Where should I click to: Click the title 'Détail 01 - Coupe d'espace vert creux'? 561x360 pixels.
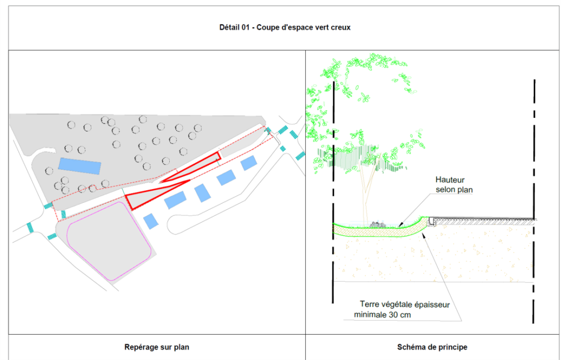point(285,27)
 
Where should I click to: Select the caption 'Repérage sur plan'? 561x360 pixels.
point(157,347)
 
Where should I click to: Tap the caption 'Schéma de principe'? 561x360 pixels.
point(432,347)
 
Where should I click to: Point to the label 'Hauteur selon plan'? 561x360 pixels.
point(454,184)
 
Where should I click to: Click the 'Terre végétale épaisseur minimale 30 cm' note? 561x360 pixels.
point(407,310)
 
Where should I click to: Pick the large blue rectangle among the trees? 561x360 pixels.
point(79,166)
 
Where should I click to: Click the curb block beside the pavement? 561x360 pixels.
point(432,221)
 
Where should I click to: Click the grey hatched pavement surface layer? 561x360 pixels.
point(485,219)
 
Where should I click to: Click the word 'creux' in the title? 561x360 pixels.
point(341,28)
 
